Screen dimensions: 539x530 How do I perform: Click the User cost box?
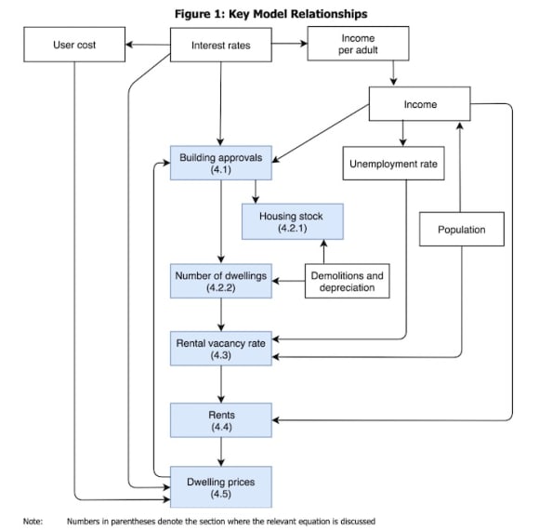(74, 45)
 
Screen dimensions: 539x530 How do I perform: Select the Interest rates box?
(221, 45)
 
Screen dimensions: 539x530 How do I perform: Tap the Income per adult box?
(358, 44)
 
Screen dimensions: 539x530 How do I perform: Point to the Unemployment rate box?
(394, 164)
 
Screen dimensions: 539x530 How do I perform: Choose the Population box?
(462, 229)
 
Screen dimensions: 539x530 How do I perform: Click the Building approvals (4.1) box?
(221, 163)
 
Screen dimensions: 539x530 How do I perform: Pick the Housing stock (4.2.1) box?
(293, 221)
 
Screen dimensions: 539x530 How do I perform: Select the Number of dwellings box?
(221, 281)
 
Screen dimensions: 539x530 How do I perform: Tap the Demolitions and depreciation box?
(348, 281)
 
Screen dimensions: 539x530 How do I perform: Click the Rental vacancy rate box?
(221, 349)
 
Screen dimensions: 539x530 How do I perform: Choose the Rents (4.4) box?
(221, 420)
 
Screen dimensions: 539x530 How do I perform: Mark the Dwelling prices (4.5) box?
(221, 487)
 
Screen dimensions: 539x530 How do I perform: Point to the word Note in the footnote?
(33, 521)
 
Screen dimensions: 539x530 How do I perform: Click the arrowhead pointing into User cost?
(129, 45)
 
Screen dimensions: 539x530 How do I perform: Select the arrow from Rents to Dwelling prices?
(221, 452)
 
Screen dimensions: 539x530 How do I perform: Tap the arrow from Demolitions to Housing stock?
(323, 252)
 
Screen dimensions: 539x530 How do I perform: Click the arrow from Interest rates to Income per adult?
(290, 44)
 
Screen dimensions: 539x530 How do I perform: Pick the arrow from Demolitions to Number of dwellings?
(288, 281)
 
